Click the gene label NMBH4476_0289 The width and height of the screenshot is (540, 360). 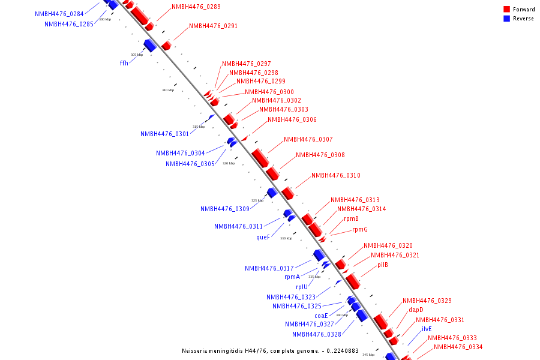coord(196,7)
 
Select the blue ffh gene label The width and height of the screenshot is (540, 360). coord(124,63)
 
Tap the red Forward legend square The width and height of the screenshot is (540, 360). coord(507,10)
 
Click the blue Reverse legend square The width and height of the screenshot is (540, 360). coord(507,19)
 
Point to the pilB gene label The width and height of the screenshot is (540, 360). coord(383,265)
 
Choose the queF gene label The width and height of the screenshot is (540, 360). coord(263,237)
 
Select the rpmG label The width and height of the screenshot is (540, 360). coord(359,230)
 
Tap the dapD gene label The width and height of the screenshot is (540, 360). coord(416,310)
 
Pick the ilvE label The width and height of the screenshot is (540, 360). coord(426,329)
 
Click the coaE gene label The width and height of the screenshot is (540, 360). coord(321,316)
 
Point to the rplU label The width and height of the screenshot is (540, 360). coord(301,287)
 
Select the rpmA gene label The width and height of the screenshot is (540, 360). coord(292,277)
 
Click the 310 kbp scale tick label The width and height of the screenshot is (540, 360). coord(167,91)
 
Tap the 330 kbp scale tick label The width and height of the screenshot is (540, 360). coord(286,239)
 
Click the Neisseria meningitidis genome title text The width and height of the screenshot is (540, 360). coord(270,351)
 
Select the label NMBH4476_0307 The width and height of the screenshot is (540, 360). coord(308,140)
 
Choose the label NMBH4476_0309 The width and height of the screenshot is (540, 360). coord(225,209)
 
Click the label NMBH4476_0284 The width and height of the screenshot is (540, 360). coord(59,14)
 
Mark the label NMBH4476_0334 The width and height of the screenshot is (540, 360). coord(458,347)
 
